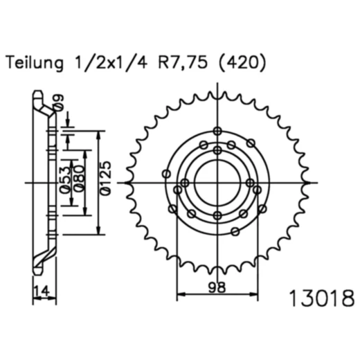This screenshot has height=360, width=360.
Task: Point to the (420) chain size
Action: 240,64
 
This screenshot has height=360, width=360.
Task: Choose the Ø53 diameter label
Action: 64,184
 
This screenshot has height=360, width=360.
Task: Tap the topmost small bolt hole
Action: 217,132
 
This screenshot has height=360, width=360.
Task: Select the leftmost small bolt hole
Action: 166,174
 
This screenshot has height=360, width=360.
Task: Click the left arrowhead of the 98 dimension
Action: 181,296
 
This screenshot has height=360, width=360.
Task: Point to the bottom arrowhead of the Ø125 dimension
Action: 101,233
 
